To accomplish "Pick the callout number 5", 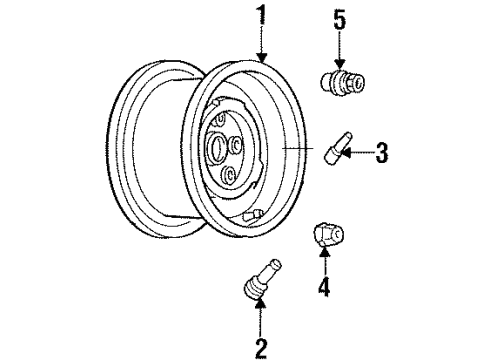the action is coord(338,18).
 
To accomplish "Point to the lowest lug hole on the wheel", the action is coord(231,177).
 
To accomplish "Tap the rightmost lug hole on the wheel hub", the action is coord(244,144).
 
